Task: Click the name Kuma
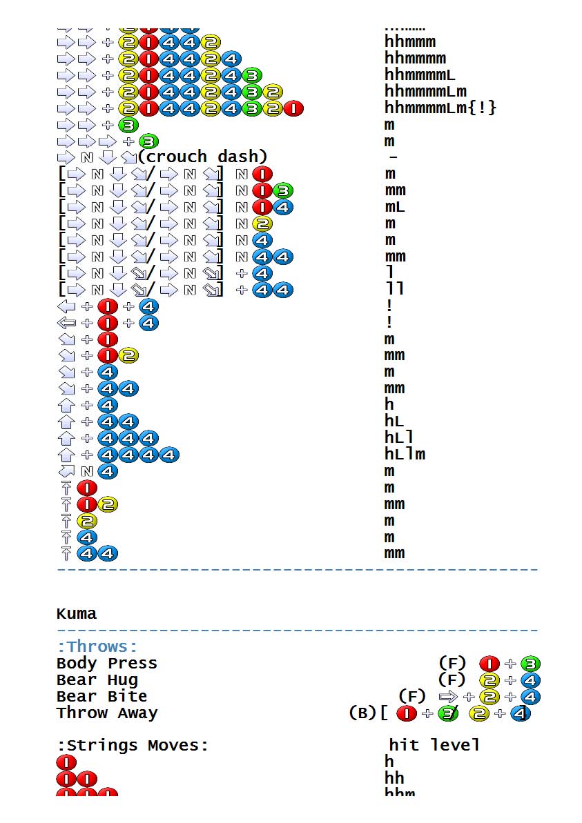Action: [x=77, y=613]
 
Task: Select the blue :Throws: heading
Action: [x=97, y=646]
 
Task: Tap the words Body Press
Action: [x=107, y=663]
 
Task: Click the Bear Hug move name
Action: [x=97, y=680]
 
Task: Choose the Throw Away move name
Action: [x=107, y=713]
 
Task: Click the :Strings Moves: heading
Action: [x=133, y=745]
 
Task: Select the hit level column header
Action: [x=434, y=745]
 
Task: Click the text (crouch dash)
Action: [x=202, y=157]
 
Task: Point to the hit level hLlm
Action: [x=405, y=454]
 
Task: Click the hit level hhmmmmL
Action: [x=420, y=75]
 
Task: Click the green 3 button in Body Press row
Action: [x=531, y=664]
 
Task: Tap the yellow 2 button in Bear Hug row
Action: [x=489, y=680]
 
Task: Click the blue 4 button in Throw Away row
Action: [x=519, y=714]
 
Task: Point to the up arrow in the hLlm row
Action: [x=66, y=455]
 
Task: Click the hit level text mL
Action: [x=395, y=207]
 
